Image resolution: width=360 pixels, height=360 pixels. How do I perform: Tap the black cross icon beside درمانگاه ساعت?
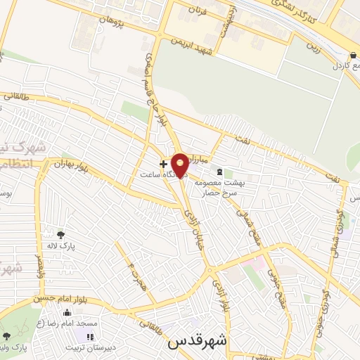(x=163, y=163)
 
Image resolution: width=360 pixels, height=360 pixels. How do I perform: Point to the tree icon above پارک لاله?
(x=61, y=235)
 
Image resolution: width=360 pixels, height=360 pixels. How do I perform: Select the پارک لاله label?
(x=77, y=246)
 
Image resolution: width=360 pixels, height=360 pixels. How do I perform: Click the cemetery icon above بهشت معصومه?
(x=220, y=172)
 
